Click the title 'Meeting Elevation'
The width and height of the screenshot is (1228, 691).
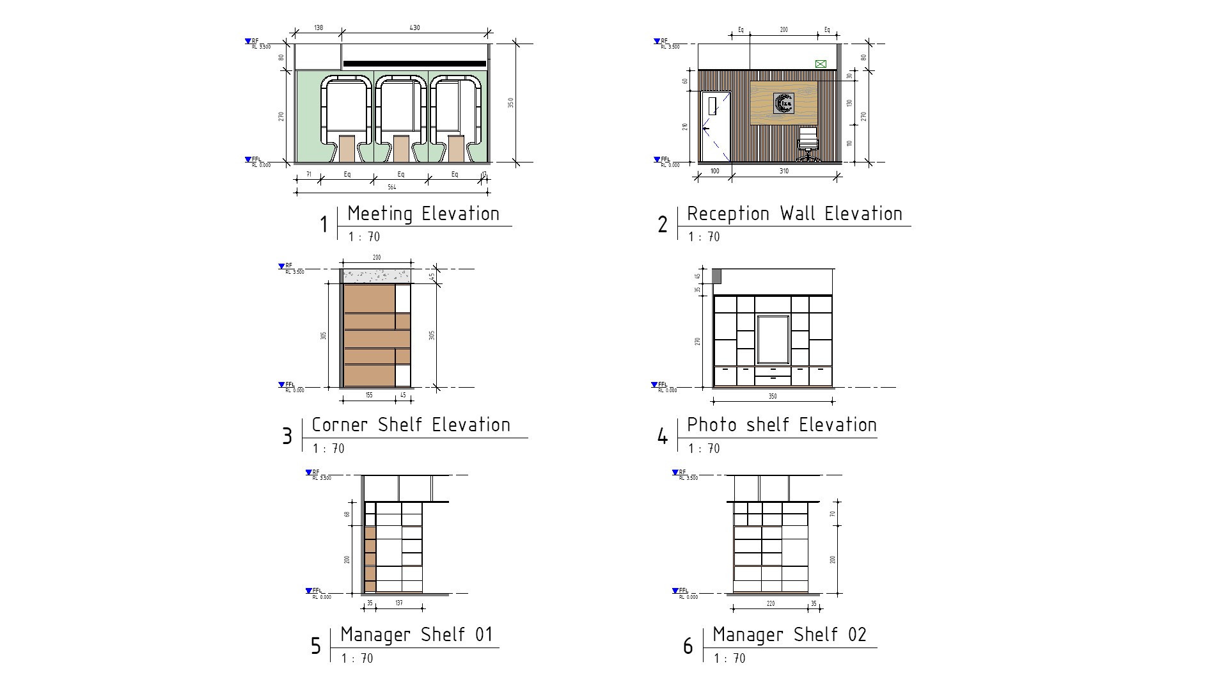tap(423, 214)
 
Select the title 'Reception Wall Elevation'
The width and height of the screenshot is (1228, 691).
tap(794, 214)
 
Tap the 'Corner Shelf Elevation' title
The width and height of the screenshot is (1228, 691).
tap(411, 425)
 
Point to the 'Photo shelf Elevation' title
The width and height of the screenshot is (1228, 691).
tap(782, 425)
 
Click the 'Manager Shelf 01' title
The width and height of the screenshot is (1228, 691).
tap(417, 635)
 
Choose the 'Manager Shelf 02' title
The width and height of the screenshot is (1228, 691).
tap(789, 635)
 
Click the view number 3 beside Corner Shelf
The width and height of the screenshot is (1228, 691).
tap(287, 436)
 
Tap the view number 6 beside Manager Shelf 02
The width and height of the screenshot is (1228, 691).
tap(688, 646)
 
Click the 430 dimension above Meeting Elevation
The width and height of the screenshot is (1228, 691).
tap(414, 28)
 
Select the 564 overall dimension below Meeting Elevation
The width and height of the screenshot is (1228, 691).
tap(391, 187)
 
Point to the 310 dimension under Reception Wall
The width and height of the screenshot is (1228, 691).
tap(783, 171)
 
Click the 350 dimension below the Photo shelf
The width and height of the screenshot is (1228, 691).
tap(773, 397)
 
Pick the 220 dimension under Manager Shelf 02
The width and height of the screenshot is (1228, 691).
tap(771, 603)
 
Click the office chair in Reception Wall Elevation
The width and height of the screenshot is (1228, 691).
tap(808, 144)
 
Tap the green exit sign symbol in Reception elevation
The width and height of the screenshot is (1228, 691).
tap(821, 64)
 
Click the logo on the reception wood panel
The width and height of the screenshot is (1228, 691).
tap(783, 103)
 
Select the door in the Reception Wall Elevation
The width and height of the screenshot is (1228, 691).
tap(715, 127)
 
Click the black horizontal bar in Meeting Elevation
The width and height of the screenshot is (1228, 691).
tap(414, 64)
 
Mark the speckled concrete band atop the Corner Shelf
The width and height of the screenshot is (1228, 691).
tap(377, 276)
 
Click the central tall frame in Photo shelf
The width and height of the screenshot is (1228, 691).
tap(773, 339)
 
